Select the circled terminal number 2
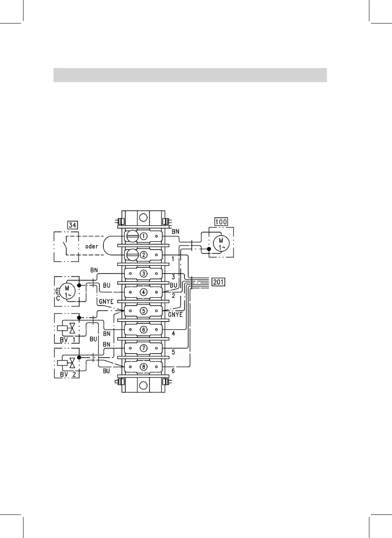(143, 255)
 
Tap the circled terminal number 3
(143, 273)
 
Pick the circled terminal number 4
(143, 292)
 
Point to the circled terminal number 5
(143, 311)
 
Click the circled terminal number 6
(143, 329)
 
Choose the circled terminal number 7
(143, 348)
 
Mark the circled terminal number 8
(143, 366)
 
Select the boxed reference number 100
(221, 222)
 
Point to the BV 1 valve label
(67, 339)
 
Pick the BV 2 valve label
(67, 374)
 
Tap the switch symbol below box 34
(63, 246)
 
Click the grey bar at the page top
(190, 75)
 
